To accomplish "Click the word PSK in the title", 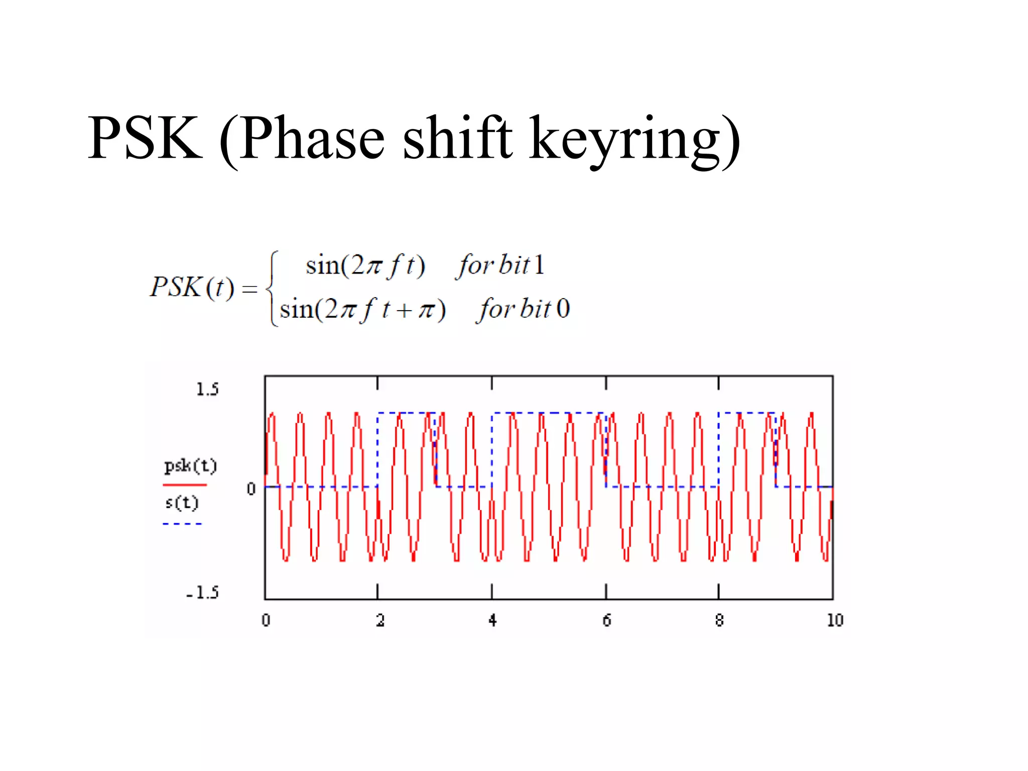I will (146, 138).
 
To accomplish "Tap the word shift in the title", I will (458, 138).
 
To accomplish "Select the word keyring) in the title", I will (635, 141).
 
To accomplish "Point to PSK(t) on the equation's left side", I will (192, 288).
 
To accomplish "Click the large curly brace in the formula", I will (272, 289).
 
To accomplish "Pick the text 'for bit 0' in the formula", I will (523, 309).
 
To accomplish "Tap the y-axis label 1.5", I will (207, 390).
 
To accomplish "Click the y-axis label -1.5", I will (203, 593).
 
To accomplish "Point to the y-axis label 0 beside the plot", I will (251, 488).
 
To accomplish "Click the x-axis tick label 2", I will (380, 621).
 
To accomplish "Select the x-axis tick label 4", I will (492, 621).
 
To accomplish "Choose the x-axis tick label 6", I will (607, 621).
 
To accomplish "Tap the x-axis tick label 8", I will (719, 621).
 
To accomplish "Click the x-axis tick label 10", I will (835, 621).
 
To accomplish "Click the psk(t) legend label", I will (190, 466).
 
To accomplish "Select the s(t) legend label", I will (182, 502).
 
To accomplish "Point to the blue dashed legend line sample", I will (182, 524).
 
